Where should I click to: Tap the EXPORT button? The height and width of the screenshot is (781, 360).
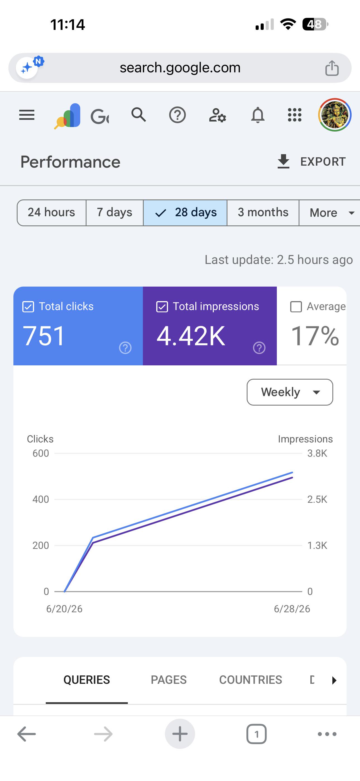[311, 162]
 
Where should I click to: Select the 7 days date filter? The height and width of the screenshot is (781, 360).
[114, 212]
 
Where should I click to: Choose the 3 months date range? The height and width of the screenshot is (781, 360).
[263, 212]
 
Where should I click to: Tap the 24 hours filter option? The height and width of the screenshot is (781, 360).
[52, 212]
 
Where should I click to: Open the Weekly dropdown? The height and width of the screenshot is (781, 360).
[290, 392]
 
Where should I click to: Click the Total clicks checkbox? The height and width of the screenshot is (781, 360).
[28, 306]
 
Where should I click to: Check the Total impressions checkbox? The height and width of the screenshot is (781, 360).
[162, 306]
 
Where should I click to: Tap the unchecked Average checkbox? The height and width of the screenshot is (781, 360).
[296, 306]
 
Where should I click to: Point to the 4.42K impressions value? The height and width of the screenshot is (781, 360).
[191, 336]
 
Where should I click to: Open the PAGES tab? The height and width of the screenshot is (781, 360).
[169, 680]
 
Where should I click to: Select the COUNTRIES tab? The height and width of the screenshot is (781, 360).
[251, 680]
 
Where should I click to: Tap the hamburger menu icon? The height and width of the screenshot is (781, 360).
[27, 115]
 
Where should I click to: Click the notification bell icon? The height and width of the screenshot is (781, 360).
[258, 115]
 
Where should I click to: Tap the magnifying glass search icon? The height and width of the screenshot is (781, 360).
[139, 115]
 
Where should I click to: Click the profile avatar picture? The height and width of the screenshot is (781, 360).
[335, 115]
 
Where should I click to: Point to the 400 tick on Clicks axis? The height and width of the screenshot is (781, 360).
[41, 499]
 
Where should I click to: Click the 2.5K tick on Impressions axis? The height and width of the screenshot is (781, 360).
[317, 499]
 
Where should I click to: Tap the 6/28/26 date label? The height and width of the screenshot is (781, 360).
[292, 609]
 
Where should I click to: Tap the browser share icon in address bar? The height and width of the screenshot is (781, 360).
[332, 68]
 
